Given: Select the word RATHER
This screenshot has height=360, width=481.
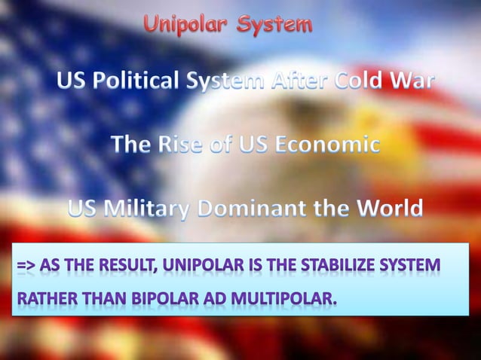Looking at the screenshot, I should (x=43, y=302).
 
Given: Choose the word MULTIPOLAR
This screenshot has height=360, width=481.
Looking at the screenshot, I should (x=281, y=302).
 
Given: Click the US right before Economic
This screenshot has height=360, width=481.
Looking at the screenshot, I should (x=256, y=144).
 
